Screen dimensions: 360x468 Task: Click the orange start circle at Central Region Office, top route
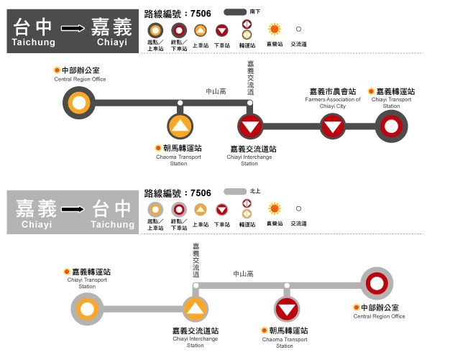pyautogui.click(x=80, y=103)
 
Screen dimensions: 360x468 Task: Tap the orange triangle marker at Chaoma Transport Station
pyautogui.click(x=180, y=127)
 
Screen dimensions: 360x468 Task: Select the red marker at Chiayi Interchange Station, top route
pyautogui.click(x=250, y=127)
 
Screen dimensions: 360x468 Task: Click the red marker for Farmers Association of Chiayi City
pyautogui.click(x=332, y=127)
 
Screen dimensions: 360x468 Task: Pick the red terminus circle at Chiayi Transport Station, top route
pyautogui.click(x=391, y=127)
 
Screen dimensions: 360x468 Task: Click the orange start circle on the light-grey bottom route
pyautogui.click(x=88, y=310)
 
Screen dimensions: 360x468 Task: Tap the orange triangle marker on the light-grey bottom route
pyautogui.click(x=196, y=310)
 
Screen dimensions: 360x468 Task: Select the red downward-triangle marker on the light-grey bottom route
pyautogui.click(x=287, y=310)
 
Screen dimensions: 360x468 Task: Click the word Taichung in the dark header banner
pyautogui.click(x=33, y=43)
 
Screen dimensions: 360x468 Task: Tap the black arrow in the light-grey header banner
pyautogui.click(x=73, y=211)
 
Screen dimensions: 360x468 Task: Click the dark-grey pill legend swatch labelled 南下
pyautogui.click(x=235, y=12)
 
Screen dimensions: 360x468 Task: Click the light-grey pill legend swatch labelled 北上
pyautogui.click(x=235, y=193)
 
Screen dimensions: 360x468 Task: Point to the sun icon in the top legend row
pyautogui.click(x=274, y=30)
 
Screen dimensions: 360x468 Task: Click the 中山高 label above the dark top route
pyautogui.click(x=216, y=92)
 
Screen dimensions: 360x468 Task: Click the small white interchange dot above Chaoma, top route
pyautogui.click(x=180, y=103)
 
